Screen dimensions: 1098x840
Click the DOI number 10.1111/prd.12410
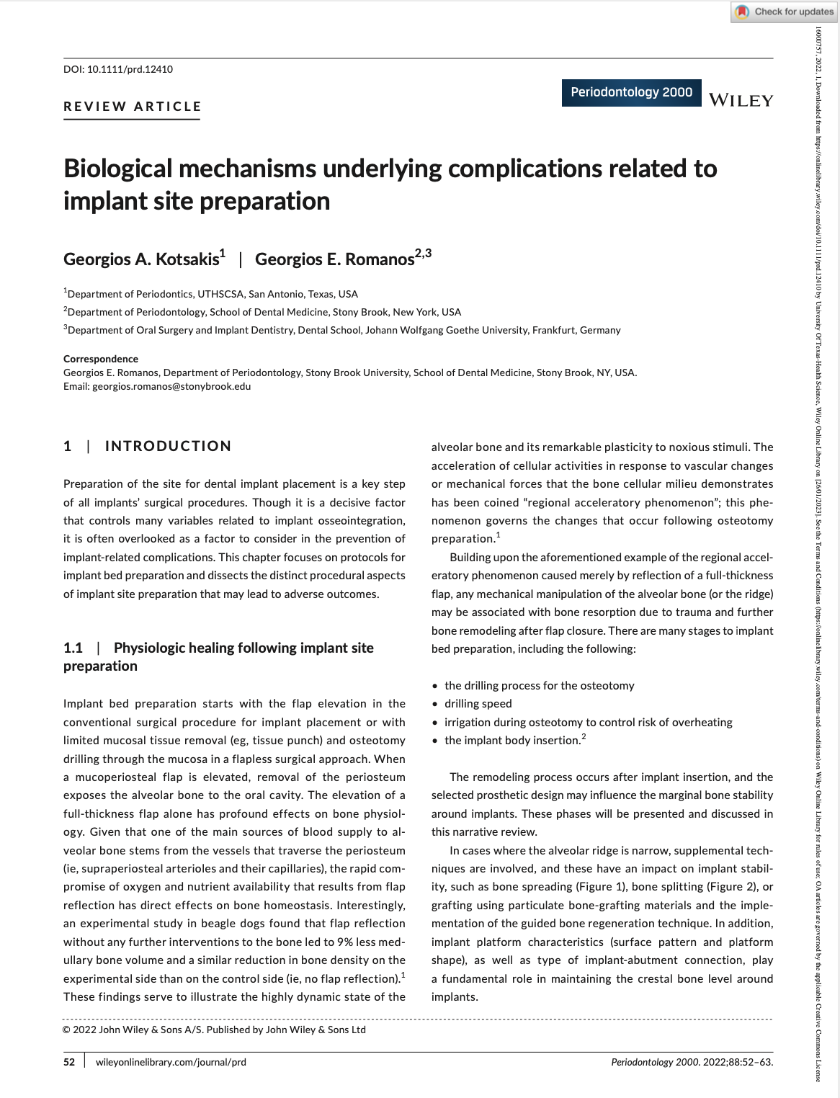point(130,69)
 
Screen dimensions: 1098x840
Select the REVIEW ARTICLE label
point(133,107)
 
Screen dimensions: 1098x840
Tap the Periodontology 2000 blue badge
point(631,92)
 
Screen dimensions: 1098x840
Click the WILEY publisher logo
point(741,100)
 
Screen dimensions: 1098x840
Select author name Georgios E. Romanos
point(335,259)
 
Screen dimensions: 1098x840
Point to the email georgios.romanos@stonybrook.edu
point(171,386)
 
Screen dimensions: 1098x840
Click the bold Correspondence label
point(101,359)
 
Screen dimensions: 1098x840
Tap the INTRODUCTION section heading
point(168,446)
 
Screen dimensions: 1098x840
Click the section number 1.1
point(73,648)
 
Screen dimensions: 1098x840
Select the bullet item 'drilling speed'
point(478,704)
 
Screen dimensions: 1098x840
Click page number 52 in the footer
point(69,1061)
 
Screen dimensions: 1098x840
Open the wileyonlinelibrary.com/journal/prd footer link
point(171,1061)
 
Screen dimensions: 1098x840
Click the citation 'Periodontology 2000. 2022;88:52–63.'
point(692,1061)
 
